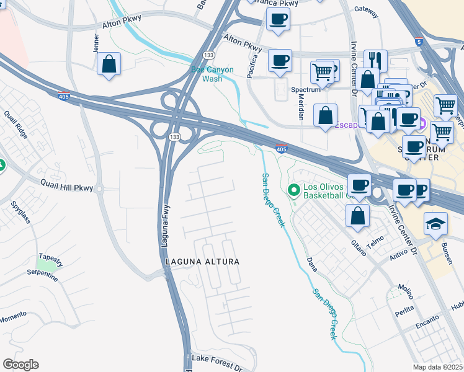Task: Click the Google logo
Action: coord(20,365)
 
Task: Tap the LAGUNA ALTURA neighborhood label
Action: coord(202,262)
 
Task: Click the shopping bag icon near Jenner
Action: coord(109,63)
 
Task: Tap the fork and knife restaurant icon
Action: coord(375,60)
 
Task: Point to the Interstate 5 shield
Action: coord(421,42)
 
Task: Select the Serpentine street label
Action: coord(42,275)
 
